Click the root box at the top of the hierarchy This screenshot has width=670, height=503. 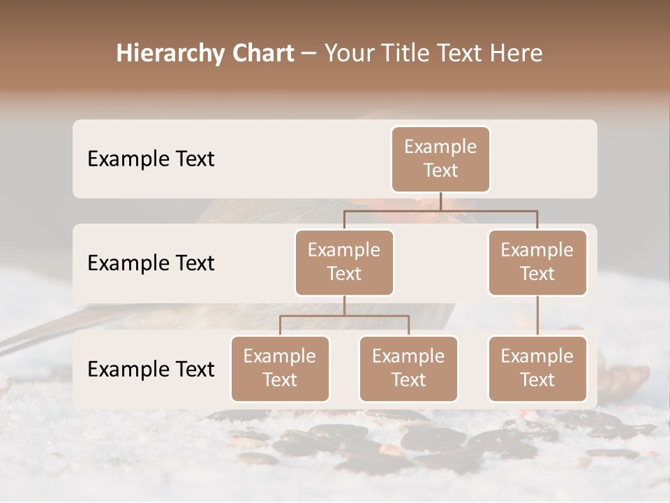440,159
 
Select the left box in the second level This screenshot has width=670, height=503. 344,262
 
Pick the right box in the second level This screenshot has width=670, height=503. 537,262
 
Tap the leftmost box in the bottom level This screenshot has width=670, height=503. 280,368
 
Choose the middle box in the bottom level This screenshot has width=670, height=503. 408,368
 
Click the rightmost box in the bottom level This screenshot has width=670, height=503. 537,368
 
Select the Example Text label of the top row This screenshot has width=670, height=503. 151,159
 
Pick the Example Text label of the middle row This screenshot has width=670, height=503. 151,263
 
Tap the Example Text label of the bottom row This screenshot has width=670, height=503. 151,369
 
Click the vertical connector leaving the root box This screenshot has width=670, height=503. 440,201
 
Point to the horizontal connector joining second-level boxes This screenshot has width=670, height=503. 440,210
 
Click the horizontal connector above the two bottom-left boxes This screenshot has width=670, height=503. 344,316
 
